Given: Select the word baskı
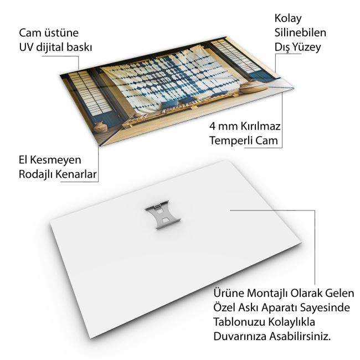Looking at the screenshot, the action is point(79,47).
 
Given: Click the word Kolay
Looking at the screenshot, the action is point(288,19).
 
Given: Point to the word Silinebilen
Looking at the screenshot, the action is point(300,32).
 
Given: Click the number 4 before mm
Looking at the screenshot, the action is point(212,126).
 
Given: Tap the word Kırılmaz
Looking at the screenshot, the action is point(260,126).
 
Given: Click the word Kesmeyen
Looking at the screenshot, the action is point(55,160).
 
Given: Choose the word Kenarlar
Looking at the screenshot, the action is point(76,174).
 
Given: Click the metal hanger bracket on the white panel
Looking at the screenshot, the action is point(163,214).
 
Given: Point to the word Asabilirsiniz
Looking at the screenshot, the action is point(300,337).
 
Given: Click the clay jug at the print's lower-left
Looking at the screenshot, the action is point(100,127).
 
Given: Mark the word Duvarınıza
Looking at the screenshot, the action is point(240,337).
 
